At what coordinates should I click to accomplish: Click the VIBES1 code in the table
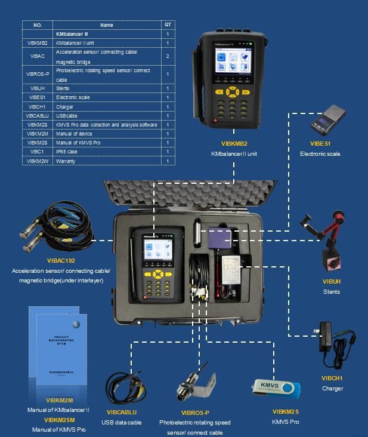(38, 97)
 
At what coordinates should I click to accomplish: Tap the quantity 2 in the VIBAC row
(168, 56)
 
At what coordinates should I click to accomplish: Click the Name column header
(106, 25)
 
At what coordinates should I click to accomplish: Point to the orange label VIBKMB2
(234, 144)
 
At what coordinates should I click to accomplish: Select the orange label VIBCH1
(332, 378)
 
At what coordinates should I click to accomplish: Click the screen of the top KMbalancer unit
(233, 65)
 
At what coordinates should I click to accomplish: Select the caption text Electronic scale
(320, 154)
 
